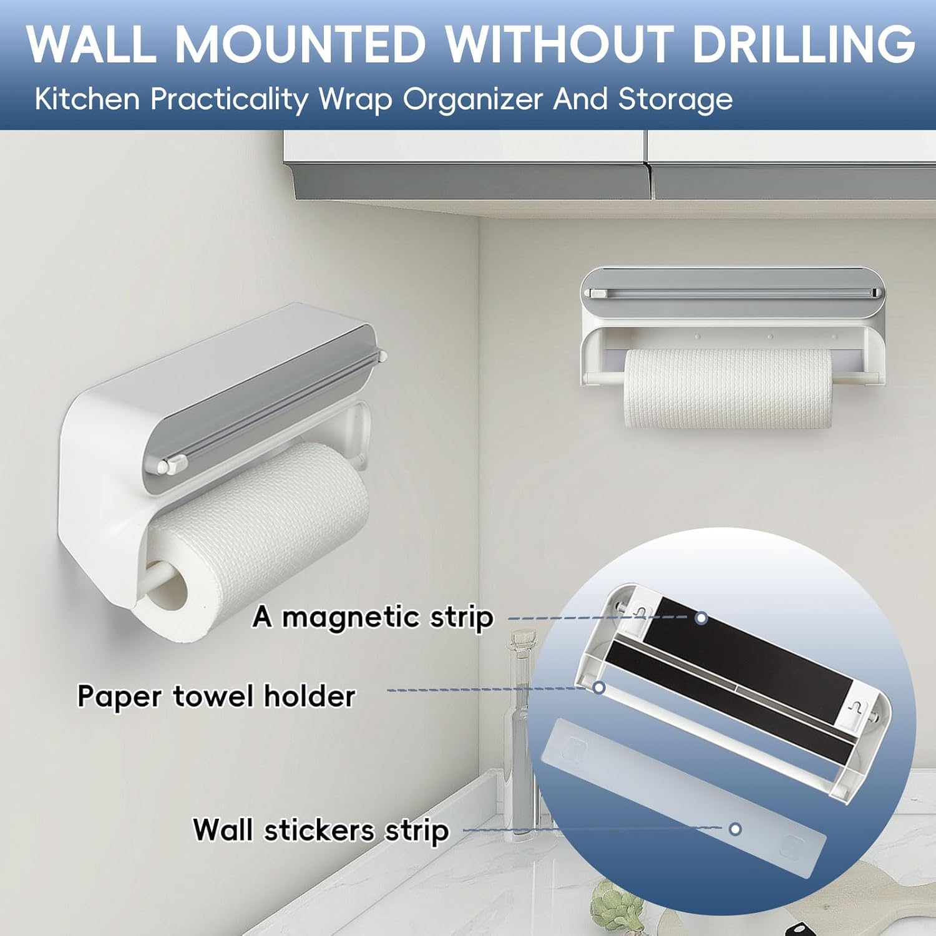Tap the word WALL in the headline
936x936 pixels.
(91, 44)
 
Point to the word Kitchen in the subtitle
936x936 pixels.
(87, 100)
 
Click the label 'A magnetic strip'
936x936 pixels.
(373, 617)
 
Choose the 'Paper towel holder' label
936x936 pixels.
(216, 696)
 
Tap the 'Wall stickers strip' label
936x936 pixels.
(321, 830)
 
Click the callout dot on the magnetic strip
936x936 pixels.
(701, 618)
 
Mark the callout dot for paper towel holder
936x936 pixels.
(599, 688)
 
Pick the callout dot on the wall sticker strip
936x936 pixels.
(735, 829)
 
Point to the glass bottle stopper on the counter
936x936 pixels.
(522, 639)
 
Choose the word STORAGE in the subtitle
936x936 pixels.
(676, 100)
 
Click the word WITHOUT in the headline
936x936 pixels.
(558, 44)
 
